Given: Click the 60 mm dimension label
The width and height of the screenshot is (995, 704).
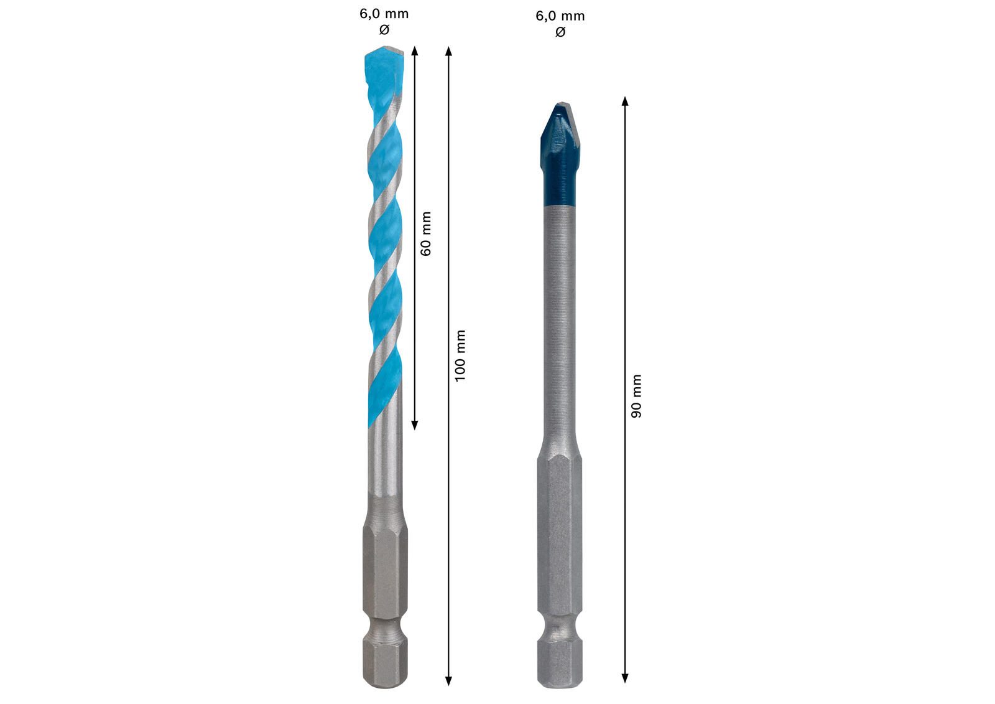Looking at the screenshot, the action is pyautogui.click(x=425, y=234).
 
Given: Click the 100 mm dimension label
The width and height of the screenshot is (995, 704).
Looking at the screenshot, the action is pyautogui.click(x=460, y=356).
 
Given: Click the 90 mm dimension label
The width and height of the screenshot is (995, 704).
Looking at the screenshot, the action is pyautogui.click(x=636, y=397).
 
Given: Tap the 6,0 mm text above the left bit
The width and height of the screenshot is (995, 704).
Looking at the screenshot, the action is pyautogui.click(x=384, y=14).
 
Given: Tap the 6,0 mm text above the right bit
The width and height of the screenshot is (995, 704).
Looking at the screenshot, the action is pyautogui.click(x=560, y=16).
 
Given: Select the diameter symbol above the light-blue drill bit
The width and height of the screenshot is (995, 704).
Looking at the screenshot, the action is pyautogui.click(x=384, y=30).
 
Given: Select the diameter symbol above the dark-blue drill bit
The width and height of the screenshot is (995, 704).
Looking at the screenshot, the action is pyautogui.click(x=560, y=32).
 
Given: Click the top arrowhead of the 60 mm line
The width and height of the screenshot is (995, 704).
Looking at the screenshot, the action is pyautogui.click(x=415, y=50).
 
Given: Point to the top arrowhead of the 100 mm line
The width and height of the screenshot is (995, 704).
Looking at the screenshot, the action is pyautogui.click(x=448, y=50).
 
